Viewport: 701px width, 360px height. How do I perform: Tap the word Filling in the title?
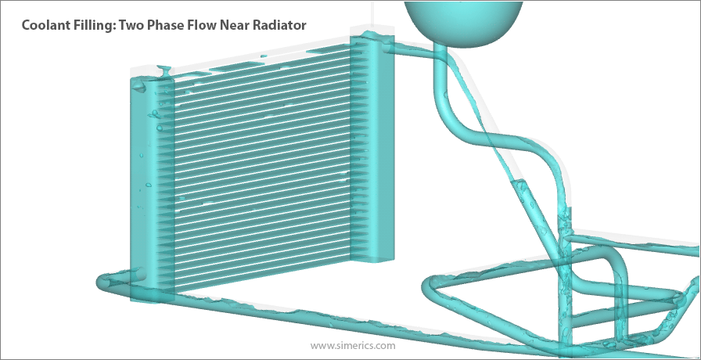tap(96, 25)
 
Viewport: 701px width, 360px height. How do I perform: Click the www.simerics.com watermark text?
tap(352, 344)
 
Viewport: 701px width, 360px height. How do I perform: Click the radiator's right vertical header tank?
tap(376, 149)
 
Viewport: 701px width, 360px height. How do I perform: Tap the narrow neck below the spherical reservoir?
tap(441, 59)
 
